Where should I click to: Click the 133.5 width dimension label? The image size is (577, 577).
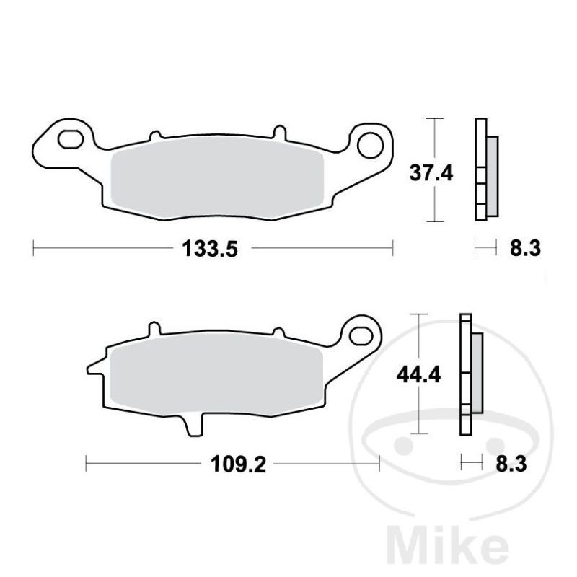pyautogui.click(x=210, y=248)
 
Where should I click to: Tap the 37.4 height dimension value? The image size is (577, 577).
pyautogui.click(x=431, y=172)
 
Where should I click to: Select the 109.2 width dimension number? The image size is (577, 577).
pyautogui.click(x=238, y=464)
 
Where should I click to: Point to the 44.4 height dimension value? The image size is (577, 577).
pyautogui.click(x=418, y=375)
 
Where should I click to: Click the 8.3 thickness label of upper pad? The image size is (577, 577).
pyautogui.click(x=525, y=248)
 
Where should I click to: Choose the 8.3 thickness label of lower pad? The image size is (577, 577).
pyautogui.click(x=511, y=464)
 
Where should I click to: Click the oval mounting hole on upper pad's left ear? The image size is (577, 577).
pyautogui.click(x=71, y=138)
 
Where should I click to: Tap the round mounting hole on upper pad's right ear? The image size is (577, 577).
pyautogui.click(x=370, y=145)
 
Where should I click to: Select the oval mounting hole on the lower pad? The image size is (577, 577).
pyautogui.click(x=361, y=336)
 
